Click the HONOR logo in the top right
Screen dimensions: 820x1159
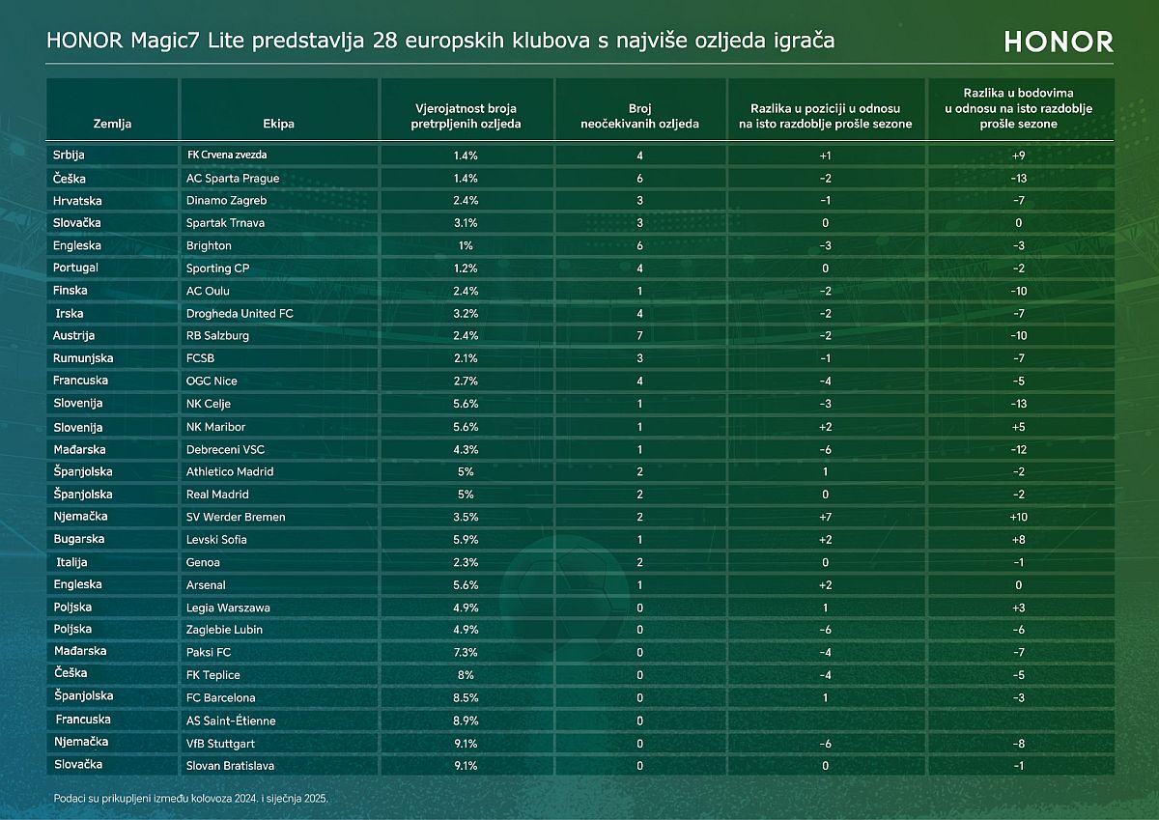coord(1059,42)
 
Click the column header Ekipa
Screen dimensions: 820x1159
coord(278,124)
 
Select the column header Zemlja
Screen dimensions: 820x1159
coord(112,124)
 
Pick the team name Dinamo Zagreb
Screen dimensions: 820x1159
coord(226,201)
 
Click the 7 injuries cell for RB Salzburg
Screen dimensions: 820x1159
coord(639,336)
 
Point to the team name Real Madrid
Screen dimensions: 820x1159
coord(217,495)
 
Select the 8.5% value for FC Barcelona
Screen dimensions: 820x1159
coord(466,697)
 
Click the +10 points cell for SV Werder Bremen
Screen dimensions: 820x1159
coord(1020,518)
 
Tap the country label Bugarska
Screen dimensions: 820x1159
coord(79,539)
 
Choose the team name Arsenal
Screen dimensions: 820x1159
coord(206,584)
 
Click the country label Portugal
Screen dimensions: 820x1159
coord(76,268)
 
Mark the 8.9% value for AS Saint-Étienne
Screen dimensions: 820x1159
coord(466,721)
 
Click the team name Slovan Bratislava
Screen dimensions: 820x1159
coord(230,766)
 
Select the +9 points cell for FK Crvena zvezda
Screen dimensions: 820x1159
coord(1020,156)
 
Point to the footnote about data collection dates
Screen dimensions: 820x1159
coord(198,799)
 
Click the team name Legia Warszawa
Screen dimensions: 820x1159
coord(228,608)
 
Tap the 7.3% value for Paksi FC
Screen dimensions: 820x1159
coord(466,653)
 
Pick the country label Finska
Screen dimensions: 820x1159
coord(71,291)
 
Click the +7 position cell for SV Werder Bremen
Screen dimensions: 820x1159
coord(826,518)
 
